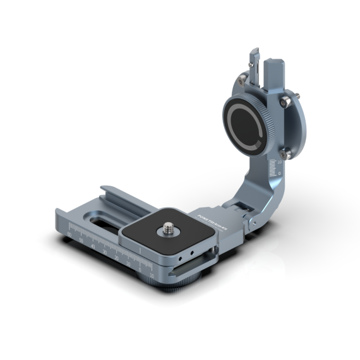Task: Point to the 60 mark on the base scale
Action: pyautogui.click(x=69, y=235)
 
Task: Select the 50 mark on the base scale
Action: pyautogui.click(x=81, y=240)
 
